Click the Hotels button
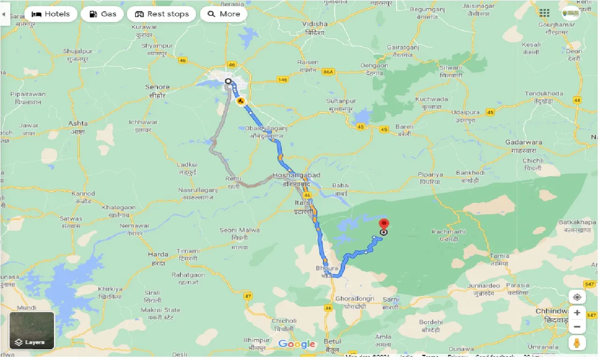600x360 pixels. click(51, 14)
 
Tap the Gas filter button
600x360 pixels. click(102, 14)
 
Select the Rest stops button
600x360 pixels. click(162, 14)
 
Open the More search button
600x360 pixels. click(224, 14)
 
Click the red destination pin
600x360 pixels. click(384, 225)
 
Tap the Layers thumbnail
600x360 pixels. click(32, 331)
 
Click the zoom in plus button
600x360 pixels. click(577, 313)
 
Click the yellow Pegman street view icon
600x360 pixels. click(577, 343)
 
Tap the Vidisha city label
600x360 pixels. click(315, 24)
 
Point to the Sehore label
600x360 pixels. click(157, 87)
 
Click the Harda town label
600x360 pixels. click(158, 255)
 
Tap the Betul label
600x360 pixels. click(333, 341)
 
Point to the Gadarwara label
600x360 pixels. click(524, 142)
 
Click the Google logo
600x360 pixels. click(297, 345)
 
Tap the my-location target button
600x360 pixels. click(577, 297)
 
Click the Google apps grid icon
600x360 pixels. click(544, 13)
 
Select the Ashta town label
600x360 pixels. click(78, 123)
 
